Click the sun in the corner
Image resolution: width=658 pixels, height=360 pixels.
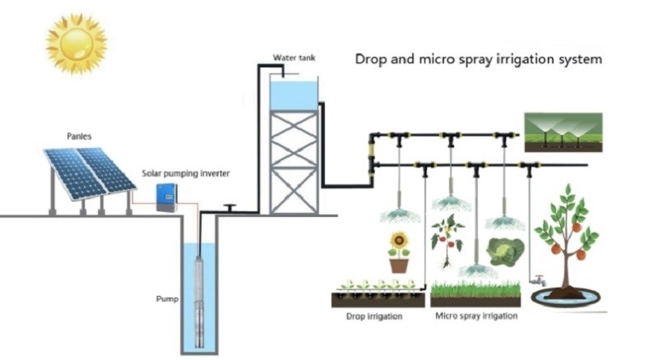(x=76, y=44)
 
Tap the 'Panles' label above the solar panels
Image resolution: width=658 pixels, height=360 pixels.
(x=79, y=136)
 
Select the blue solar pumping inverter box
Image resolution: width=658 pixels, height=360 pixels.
(x=167, y=197)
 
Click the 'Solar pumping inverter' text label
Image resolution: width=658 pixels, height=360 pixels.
(x=186, y=173)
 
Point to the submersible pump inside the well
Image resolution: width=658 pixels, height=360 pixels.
(x=199, y=302)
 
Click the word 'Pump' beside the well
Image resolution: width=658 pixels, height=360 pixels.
(x=167, y=298)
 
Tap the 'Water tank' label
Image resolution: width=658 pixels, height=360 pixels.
(x=294, y=58)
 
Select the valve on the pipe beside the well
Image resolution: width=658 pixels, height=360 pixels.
(x=229, y=208)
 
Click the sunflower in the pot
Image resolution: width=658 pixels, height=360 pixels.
(x=399, y=252)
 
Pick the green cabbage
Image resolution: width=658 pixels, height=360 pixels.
(x=505, y=252)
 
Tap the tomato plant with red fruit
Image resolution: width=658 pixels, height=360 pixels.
(x=447, y=242)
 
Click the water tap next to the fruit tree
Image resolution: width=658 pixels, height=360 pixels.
(x=538, y=280)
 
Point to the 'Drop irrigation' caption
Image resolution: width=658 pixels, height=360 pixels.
(x=374, y=316)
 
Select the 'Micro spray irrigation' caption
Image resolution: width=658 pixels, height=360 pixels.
(x=476, y=316)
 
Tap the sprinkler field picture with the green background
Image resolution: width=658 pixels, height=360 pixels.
(x=563, y=132)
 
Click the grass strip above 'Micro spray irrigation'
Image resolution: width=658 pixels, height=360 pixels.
(x=475, y=289)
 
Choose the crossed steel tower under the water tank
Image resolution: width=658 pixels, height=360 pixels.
(x=294, y=163)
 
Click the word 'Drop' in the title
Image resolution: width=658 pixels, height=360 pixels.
(x=371, y=59)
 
